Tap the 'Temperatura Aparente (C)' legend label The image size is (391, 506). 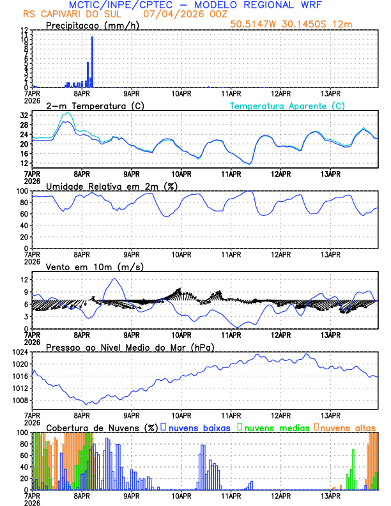coord(287,105)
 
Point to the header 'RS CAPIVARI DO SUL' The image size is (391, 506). coord(70,13)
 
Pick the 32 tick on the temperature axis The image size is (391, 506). coord(24,116)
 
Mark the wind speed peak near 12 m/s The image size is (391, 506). coord(114,279)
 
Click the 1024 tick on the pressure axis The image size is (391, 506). coord(20,352)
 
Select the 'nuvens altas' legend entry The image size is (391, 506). coord(348,427)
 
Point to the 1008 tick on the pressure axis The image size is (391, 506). coord(20,401)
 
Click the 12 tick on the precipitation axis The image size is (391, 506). coord(24,30)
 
